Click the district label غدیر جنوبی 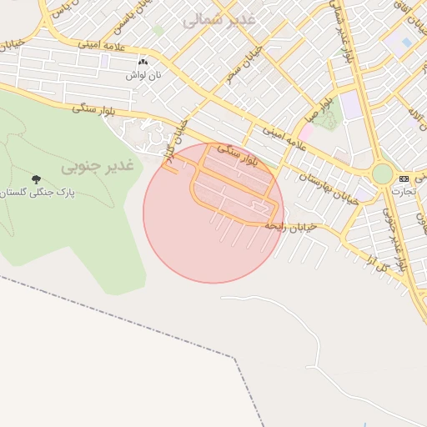[97, 166]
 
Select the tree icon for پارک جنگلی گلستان [36, 179]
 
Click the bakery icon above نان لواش [143, 62]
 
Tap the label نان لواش [143, 75]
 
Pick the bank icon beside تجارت [404, 178]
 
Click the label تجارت [404, 191]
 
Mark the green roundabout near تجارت [382, 173]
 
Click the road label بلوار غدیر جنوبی [395, 233]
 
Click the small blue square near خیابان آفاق [406, 41]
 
